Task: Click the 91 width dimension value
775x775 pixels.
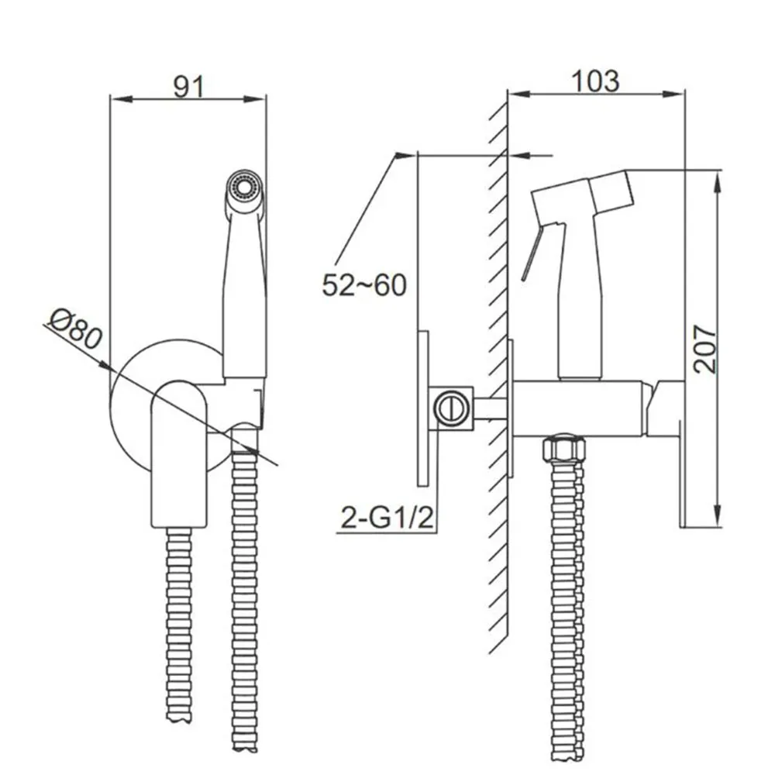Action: click(x=188, y=87)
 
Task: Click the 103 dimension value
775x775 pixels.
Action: click(x=594, y=81)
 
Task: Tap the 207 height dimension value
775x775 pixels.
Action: click(x=704, y=349)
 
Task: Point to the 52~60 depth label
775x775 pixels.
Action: click(x=364, y=285)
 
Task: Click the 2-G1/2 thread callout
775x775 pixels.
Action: click(x=387, y=518)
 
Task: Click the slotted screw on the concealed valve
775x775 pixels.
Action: click(x=450, y=408)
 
